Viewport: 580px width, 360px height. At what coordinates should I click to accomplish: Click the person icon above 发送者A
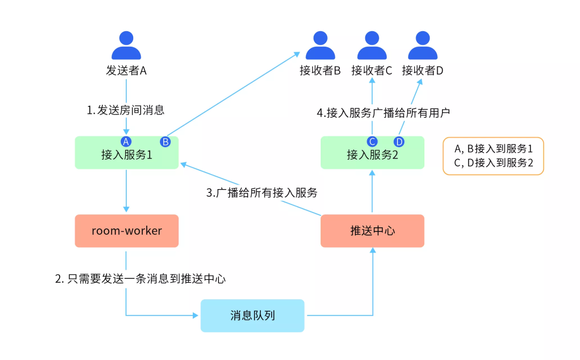point(126,45)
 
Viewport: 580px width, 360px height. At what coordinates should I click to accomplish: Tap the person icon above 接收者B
point(321,45)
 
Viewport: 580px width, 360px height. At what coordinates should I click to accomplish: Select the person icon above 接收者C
point(372,45)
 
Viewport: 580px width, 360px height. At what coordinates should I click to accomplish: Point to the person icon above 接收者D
point(423,45)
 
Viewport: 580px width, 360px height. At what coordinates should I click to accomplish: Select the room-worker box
point(126,231)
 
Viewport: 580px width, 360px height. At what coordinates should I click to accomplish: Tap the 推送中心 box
point(372,231)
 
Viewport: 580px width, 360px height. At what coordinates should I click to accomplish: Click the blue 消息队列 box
point(252,315)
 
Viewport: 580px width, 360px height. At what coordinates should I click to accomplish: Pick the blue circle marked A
point(126,142)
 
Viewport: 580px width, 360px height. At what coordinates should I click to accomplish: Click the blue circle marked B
point(165,142)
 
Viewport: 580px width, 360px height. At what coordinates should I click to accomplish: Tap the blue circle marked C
point(372,142)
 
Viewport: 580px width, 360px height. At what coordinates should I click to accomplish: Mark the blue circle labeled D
point(398,142)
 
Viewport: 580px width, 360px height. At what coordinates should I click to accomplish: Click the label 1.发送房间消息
point(126,111)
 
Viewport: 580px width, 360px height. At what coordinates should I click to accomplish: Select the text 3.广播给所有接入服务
point(262,193)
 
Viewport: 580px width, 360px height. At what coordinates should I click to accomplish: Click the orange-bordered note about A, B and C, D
point(493,156)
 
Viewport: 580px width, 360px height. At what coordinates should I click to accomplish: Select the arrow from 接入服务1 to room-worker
point(126,191)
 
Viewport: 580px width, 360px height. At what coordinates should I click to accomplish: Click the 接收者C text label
point(372,71)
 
